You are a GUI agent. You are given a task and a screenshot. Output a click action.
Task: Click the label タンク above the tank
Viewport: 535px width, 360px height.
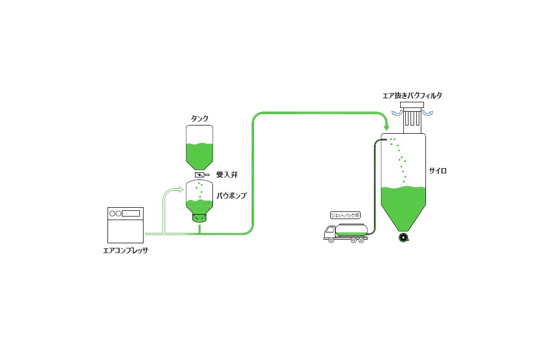pos(199,118)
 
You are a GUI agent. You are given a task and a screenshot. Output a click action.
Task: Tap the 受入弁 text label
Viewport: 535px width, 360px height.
pos(226,175)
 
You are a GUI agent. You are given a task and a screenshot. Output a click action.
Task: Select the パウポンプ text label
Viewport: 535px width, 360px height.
pos(231,196)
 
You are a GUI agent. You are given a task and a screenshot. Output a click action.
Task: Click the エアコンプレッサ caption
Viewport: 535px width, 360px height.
pos(126,251)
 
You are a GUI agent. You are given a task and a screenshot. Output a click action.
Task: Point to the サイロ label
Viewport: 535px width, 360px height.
pos(438,171)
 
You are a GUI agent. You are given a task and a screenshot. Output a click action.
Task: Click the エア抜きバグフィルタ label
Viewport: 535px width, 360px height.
pos(413,96)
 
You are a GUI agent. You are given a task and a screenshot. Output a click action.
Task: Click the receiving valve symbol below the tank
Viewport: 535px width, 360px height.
pos(199,175)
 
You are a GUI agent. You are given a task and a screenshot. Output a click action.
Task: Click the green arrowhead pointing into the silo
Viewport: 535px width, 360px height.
pos(386,126)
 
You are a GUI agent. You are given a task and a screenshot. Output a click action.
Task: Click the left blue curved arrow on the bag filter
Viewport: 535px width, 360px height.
pos(397,113)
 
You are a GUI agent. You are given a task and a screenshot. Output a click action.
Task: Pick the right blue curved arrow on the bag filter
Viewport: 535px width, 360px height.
pos(427,113)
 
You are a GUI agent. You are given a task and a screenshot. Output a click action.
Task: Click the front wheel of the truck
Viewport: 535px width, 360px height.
pos(329,239)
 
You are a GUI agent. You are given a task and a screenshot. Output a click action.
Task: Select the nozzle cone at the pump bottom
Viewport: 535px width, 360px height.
pos(199,218)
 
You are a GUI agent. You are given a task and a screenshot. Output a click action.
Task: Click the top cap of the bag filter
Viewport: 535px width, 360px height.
pos(412,105)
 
